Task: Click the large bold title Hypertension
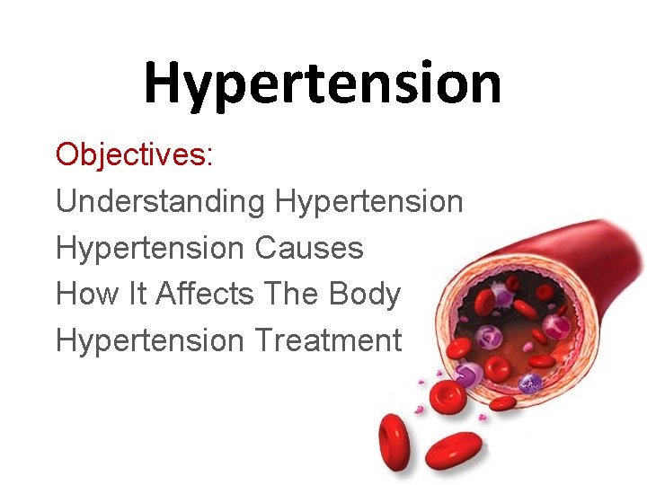322,84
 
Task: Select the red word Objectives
131,154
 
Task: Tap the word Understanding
160,201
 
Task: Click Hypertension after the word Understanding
369,201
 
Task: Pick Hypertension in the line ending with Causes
149,248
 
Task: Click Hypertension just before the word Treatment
149,341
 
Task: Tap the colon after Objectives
210,156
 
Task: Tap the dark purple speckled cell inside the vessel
530,384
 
